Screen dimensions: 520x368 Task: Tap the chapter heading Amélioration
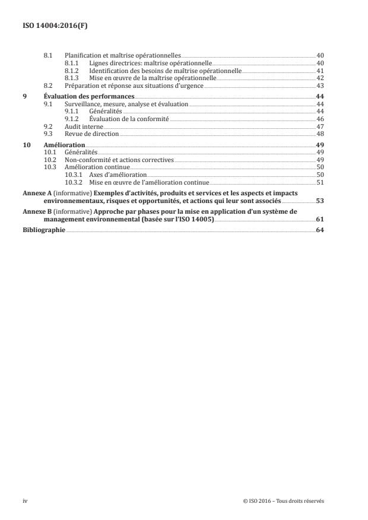pyautogui.click(x=65, y=144)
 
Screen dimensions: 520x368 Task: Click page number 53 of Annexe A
pyautogui.click(x=319, y=201)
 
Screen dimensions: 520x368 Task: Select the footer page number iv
pyautogui.click(x=25, y=500)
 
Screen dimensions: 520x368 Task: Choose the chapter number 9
pyautogui.click(x=24, y=96)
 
